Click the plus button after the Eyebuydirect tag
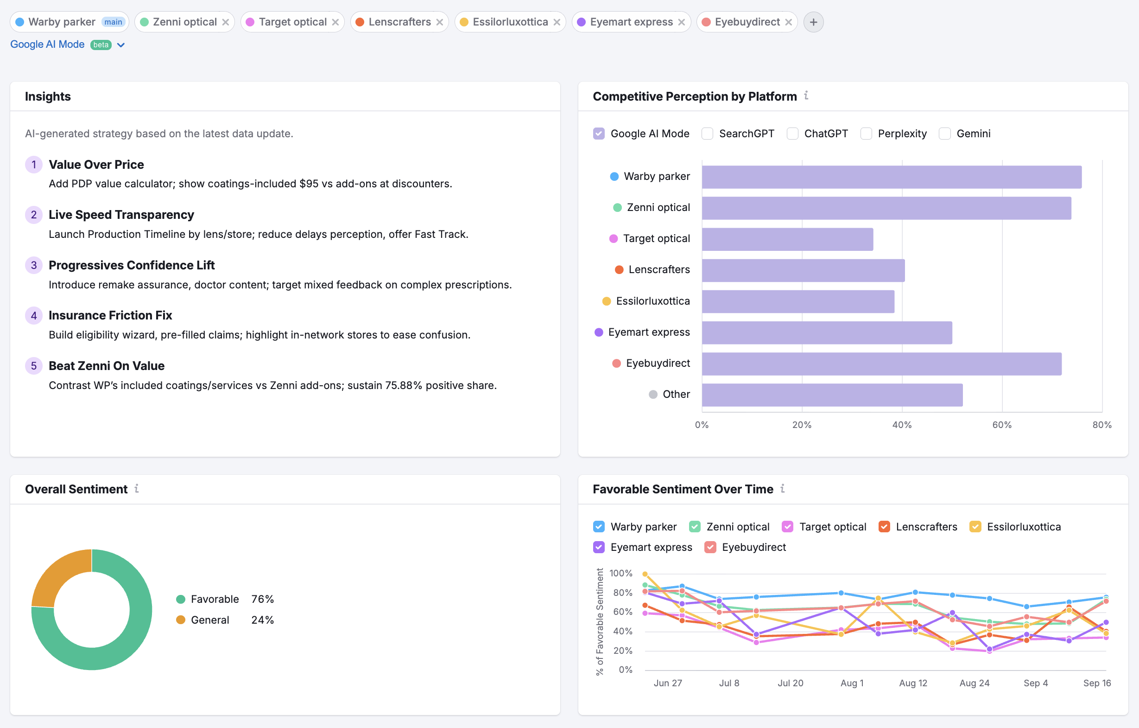(813, 22)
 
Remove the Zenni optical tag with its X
(226, 22)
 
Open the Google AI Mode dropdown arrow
(120, 45)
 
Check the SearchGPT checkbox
(707, 134)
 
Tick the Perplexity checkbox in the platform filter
(866, 134)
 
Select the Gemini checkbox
(944, 134)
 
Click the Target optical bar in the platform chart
(787, 239)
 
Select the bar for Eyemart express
(826, 333)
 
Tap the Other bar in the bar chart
(832, 395)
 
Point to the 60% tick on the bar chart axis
(1001, 425)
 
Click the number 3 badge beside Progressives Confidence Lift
(33, 265)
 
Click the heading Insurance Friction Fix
(110, 315)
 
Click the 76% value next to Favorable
(263, 599)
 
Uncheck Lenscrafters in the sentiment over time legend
(884, 527)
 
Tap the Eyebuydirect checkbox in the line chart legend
(710, 547)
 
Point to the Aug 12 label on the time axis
(912, 683)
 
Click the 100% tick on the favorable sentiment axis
(620, 573)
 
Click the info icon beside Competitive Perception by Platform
(806, 96)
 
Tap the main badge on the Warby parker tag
(113, 22)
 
